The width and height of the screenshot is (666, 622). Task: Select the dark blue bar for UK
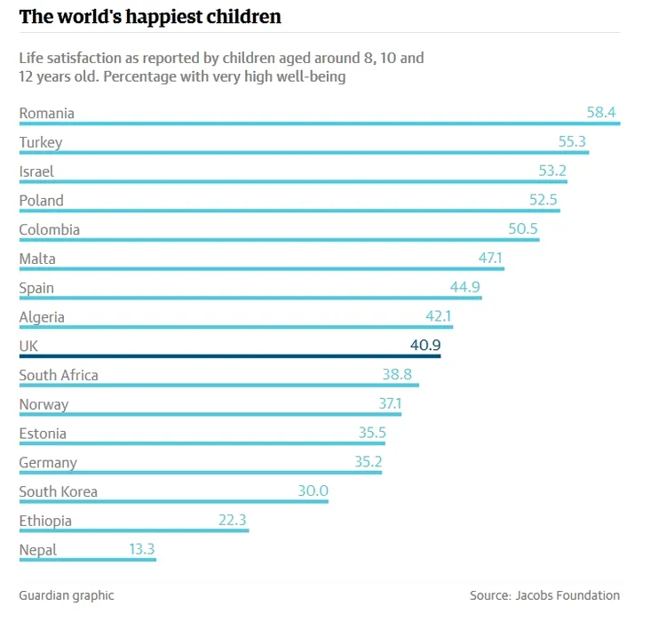[229, 356]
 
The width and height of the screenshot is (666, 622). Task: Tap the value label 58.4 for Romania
[601, 113]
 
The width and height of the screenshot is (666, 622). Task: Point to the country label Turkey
[41, 142]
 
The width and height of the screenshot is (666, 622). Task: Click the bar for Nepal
[87, 560]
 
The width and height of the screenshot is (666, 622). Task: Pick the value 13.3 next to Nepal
[142, 549]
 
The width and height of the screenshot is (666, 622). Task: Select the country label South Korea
[59, 491]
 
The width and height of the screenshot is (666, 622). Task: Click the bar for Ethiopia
[133, 530]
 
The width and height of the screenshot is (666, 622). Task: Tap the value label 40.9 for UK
[425, 346]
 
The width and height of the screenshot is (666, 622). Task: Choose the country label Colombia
[50, 229]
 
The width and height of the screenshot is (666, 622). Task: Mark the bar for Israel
[293, 181]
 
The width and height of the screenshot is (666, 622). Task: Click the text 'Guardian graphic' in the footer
[67, 595]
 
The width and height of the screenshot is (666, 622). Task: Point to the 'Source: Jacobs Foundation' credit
[544, 595]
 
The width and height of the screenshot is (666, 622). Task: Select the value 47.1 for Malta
[490, 259]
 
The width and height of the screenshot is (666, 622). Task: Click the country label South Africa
[59, 375]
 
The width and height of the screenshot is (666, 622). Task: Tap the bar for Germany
[200, 473]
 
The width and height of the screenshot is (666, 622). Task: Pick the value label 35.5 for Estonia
[371, 433]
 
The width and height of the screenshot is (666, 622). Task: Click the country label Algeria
[42, 317]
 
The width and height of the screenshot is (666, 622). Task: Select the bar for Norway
[210, 414]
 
